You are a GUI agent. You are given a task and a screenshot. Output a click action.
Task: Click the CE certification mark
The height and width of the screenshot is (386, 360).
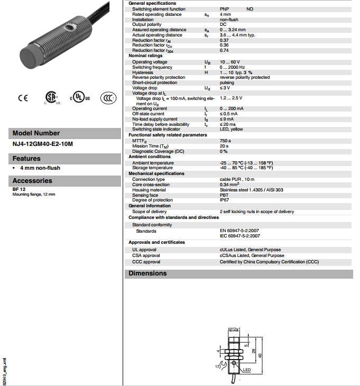pos(23,98)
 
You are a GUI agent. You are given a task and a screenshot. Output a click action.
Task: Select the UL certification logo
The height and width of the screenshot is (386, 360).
pos(80,98)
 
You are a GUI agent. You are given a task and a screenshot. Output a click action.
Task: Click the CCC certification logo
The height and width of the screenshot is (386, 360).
pos(108,98)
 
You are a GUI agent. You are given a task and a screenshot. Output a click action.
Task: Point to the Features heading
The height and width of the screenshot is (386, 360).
pos(27,158)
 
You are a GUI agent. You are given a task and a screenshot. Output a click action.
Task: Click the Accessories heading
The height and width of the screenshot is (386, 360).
pos(32,180)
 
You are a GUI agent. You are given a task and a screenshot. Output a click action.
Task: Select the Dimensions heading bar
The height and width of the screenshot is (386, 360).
pos(238,273)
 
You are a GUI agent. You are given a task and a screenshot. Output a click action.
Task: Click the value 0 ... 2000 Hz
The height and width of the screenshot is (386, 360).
pos(233,67)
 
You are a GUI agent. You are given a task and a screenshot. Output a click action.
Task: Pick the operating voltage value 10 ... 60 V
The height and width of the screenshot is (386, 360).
pos(230,62)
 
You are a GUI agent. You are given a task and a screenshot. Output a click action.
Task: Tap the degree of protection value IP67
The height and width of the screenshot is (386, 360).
pos(224,199)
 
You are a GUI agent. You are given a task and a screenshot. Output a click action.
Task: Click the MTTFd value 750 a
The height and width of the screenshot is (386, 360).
pos(225,141)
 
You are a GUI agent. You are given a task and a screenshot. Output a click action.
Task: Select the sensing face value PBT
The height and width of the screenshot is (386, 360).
pos(224,195)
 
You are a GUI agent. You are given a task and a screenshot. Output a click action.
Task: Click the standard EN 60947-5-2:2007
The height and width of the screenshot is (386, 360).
pos(239,231)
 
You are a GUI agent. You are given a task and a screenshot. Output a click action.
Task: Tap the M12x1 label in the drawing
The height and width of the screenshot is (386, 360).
pos(234,329)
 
